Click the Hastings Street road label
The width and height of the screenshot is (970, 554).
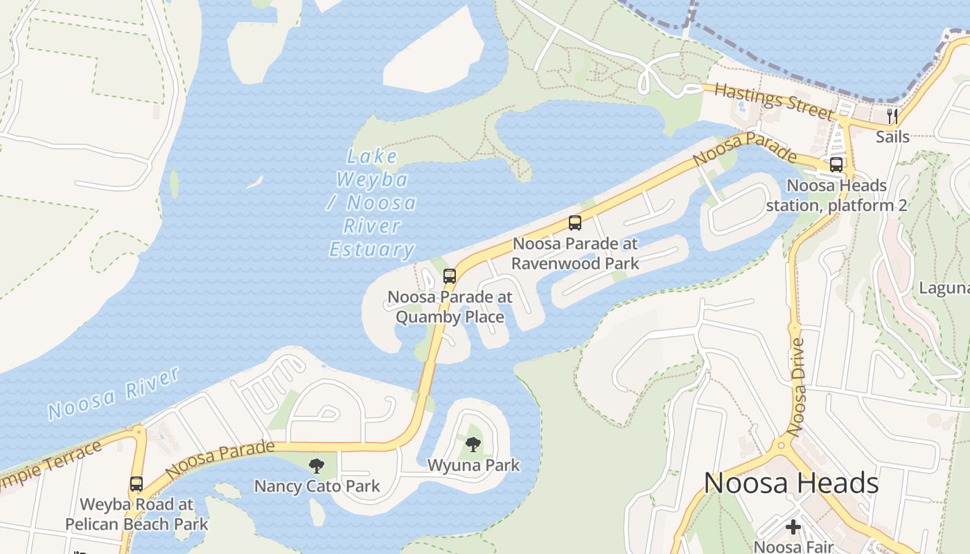(774, 100)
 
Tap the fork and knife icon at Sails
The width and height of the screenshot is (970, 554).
(892, 116)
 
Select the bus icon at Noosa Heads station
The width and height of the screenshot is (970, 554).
(836, 165)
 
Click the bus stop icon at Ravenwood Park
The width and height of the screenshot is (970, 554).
(574, 223)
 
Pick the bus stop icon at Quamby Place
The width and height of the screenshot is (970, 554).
(450, 276)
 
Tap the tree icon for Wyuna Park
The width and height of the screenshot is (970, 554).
(473, 445)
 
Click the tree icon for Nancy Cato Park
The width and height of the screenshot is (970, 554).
(317, 465)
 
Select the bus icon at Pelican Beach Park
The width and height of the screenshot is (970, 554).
(136, 484)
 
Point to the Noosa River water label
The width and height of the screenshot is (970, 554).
(114, 394)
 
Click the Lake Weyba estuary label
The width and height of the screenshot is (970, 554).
(372, 203)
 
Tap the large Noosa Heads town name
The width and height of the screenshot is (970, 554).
(791, 483)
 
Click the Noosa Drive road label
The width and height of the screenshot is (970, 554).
(797, 386)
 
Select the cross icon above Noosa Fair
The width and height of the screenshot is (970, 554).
(793, 527)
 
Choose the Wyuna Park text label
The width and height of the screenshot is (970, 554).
(473, 465)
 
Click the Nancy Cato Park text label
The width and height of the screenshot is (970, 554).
(317, 486)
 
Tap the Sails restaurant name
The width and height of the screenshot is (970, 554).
(892, 136)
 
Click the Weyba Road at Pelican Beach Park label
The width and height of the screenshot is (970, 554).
(136, 514)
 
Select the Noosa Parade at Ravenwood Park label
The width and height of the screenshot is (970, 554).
(574, 253)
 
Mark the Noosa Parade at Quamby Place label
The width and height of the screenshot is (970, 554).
(450, 307)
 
